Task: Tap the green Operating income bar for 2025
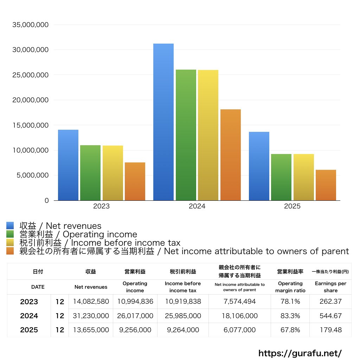281,177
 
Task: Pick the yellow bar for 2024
208,135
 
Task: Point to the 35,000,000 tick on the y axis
30,25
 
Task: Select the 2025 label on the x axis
292,206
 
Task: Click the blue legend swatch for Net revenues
10,226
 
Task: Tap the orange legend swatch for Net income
10,251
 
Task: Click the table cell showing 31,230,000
91,316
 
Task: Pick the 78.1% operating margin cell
290,302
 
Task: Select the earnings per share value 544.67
330,316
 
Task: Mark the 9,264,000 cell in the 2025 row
183,330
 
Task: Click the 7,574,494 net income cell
239,302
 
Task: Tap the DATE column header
38,287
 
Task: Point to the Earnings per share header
330,287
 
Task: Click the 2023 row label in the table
29,302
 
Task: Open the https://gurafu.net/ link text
300,353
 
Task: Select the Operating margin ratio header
290,287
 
